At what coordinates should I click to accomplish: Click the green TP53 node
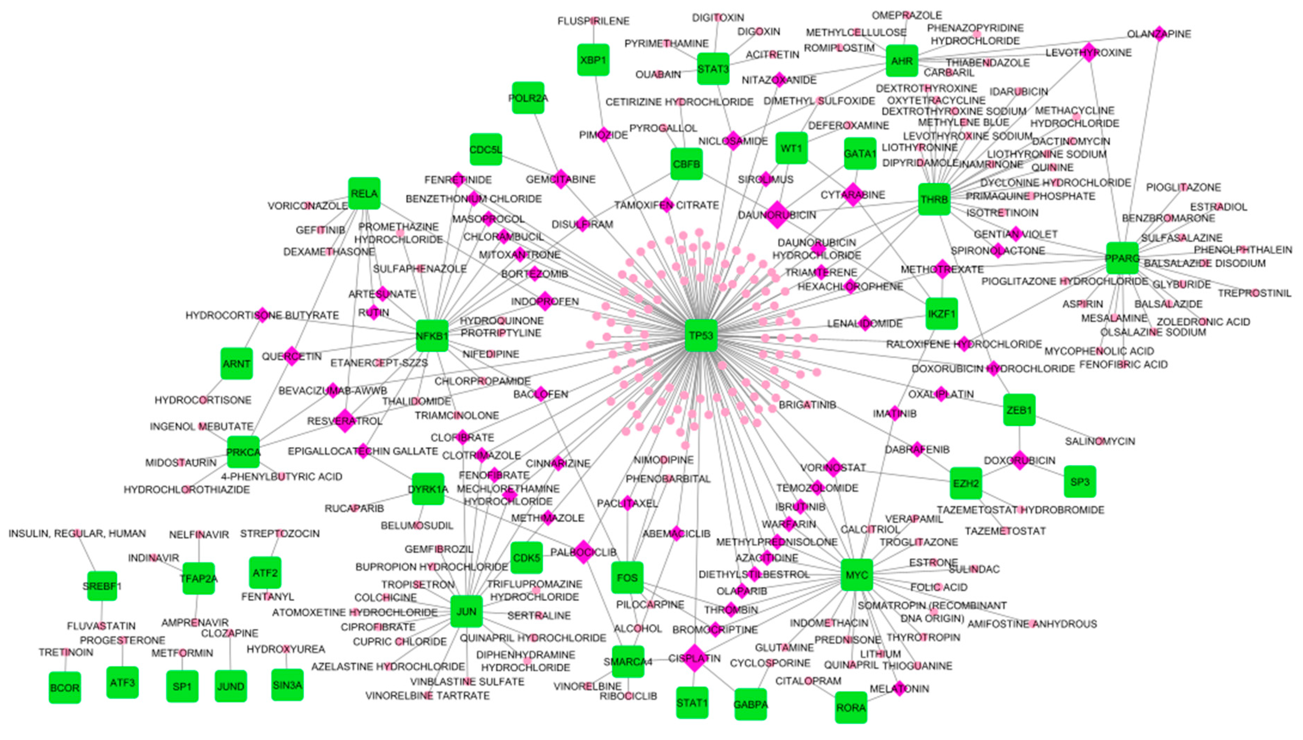(701, 336)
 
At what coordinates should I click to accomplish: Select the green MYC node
(857, 575)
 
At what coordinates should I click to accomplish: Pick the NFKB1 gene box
(432, 336)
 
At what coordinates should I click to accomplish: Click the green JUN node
(466, 611)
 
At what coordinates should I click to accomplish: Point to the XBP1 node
(593, 60)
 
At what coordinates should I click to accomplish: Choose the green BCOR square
(65, 688)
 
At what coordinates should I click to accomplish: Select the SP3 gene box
(1080, 481)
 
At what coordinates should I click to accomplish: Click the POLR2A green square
(528, 98)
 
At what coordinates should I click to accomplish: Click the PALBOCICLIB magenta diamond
(584, 552)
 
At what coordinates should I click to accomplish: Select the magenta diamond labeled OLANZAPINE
(1159, 34)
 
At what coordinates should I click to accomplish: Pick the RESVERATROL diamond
(345, 421)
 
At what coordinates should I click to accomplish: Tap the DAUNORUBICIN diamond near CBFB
(777, 215)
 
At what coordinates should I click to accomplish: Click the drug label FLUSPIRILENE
(593, 21)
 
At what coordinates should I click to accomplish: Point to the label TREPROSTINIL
(1254, 293)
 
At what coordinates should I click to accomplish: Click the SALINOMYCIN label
(1100, 441)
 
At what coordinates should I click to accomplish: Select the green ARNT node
(236, 364)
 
